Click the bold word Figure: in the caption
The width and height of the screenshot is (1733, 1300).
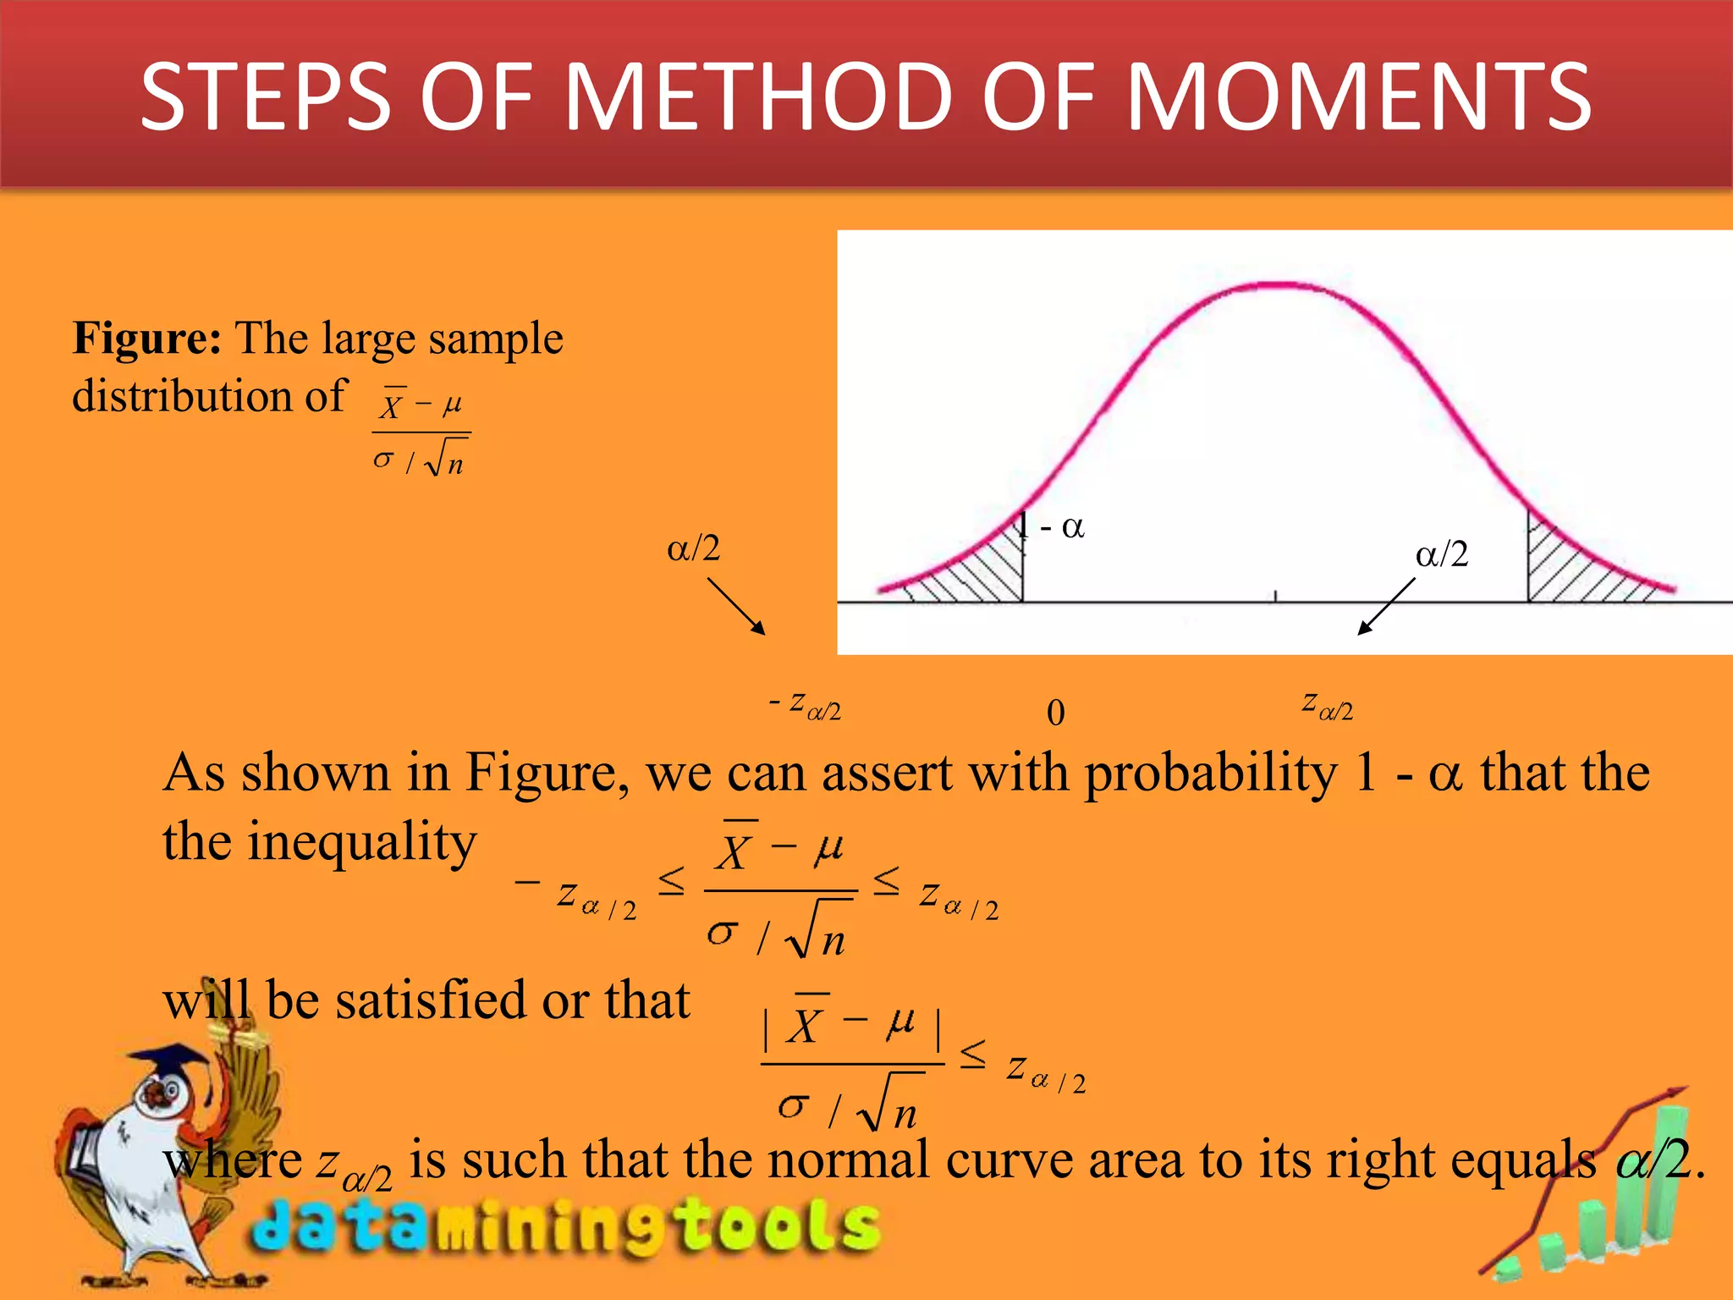[x=147, y=338]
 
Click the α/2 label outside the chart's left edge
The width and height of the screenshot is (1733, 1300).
[x=694, y=548]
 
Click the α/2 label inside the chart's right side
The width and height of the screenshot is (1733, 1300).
[x=1442, y=554]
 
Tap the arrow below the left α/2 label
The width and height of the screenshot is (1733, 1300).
[x=736, y=606]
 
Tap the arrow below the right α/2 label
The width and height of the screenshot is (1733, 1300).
[x=1386, y=606]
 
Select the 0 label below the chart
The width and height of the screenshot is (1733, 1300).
[x=1055, y=713]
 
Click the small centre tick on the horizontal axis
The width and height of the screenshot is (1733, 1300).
[x=1276, y=597]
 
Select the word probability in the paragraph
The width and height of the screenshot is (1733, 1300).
[x=1211, y=772]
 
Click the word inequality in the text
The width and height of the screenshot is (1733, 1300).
[x=361, y=841]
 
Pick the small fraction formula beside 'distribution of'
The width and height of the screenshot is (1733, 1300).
[x=421, y=432]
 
